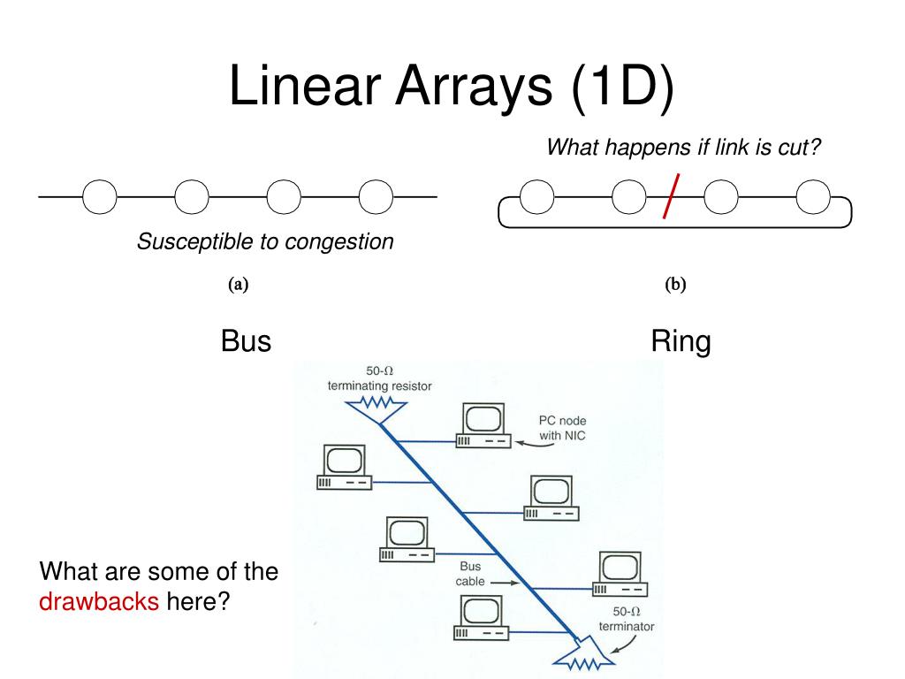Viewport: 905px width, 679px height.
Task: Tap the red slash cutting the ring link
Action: point(673,196)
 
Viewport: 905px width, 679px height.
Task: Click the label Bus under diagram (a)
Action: point(246,340)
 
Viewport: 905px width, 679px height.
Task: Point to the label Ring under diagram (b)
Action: point(681,340)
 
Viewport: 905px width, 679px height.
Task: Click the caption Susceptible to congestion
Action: point(265,241)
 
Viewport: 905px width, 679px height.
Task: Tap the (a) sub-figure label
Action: point(239,285)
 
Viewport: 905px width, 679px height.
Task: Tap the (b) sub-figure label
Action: point(675,285)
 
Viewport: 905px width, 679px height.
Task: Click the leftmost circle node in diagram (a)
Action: point(100,196)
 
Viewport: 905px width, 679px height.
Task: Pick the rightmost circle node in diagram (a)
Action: point(376,196)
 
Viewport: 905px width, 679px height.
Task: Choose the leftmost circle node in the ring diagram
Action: point(537,196)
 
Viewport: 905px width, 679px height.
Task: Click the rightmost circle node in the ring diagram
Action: point(813,196)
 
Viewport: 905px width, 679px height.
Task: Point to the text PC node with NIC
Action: point(562,428)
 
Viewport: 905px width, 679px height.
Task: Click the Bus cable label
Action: point(470,574)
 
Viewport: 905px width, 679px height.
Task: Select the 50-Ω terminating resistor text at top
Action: point(379,378)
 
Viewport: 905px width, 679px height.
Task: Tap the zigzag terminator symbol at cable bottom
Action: point(582,658)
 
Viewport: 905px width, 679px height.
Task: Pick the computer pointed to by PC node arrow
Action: point(483,425)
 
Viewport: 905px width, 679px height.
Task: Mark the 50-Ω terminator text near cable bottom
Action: point(626,619)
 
